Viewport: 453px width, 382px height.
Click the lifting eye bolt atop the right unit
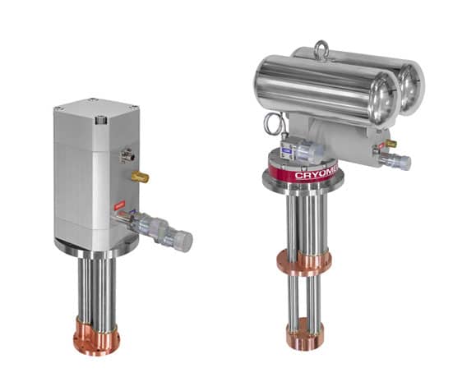click(x=323, y=51)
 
